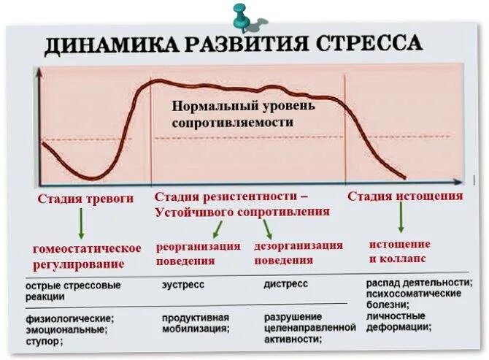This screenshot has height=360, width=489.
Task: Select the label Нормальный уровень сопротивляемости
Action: click(x=244, y=115)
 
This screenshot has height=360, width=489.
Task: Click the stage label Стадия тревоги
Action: click(x=86, y=198)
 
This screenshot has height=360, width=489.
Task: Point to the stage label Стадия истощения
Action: click(x=404, y=196)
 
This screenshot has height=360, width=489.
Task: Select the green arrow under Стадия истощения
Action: click(x=401, y=216)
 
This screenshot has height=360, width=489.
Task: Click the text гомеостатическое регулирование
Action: click(x=86, y=256)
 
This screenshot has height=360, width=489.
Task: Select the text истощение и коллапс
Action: click(x=399, y=250)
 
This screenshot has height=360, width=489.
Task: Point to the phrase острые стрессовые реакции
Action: click(x=73, y=291)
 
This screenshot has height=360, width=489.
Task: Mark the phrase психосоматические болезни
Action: click(x=413, y=299)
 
